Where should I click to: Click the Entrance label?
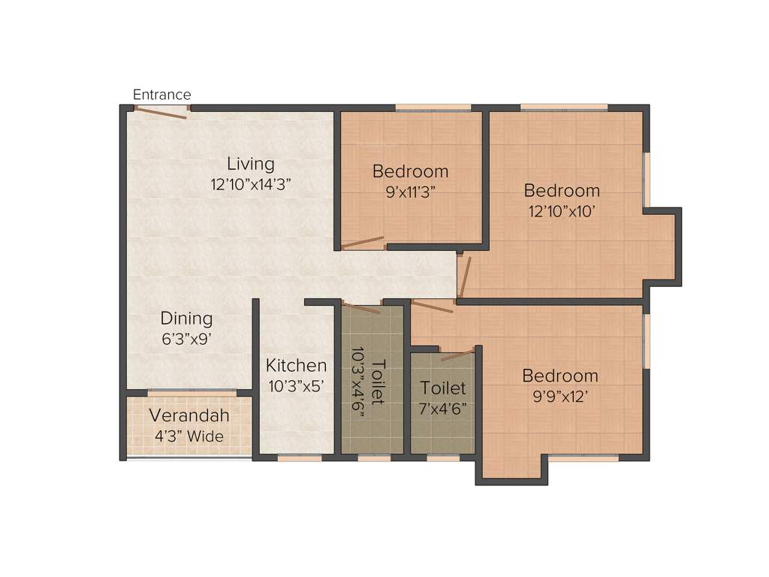[161, 95]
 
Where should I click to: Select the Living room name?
[251, 164]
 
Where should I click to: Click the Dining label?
[187, 319]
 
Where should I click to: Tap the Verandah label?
[188, 415]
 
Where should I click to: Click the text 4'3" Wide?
[188, 436]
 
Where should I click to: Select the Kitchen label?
[297, 366]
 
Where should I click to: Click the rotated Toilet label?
[378, 382]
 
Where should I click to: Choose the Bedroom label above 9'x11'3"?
[410, 171]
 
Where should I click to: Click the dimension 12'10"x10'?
[562, 211]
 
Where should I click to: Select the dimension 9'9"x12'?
[560, 396]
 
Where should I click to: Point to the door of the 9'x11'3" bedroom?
[363, 243]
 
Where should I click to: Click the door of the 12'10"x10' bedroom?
[465, 276]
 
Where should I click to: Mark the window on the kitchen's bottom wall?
[300, 457]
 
